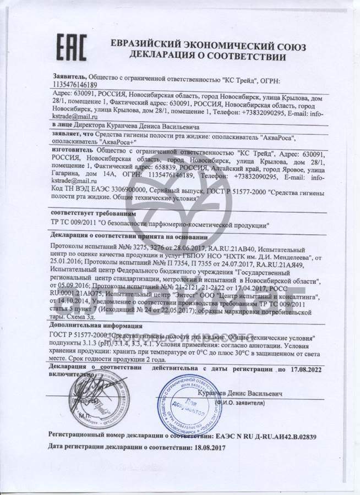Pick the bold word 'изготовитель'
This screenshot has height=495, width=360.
(71, 156)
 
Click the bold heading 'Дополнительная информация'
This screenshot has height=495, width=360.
(97, 325)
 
